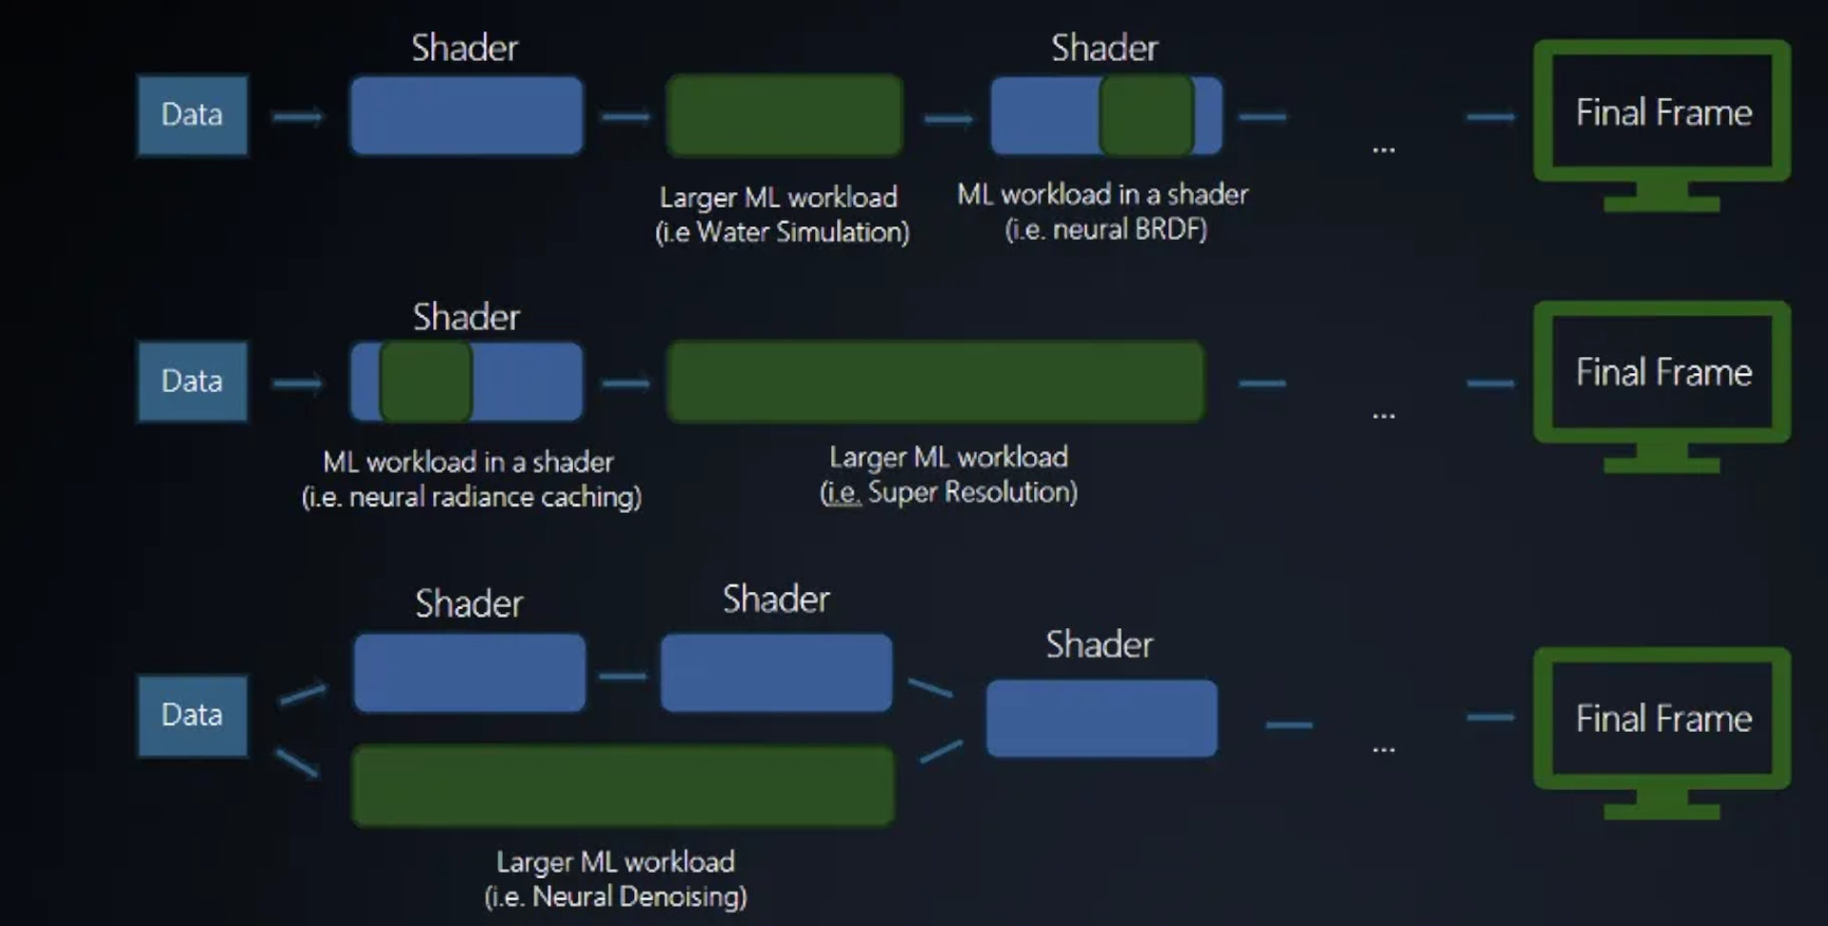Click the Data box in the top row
192,115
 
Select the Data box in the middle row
192,382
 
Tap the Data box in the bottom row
192,715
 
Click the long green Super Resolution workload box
936,383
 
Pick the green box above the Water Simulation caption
785,115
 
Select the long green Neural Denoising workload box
624,786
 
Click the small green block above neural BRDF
1147,115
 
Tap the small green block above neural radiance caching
427,382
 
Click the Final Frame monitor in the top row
1662,114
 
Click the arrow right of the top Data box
298,117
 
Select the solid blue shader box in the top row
467,115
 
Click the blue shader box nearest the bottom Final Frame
1102,719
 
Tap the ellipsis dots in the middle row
1383,416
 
